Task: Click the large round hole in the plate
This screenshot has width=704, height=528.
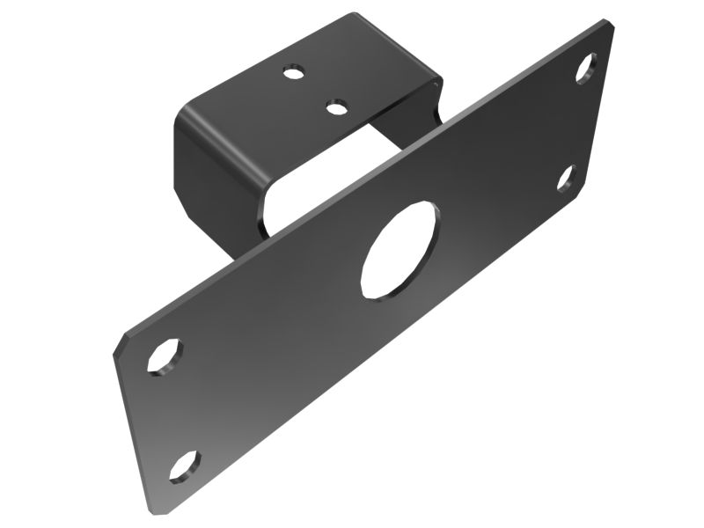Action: click(x=399, y=249)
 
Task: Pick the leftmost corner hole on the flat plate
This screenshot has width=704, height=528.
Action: click(x=165, y=357)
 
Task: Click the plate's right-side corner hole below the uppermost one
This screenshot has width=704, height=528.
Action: click(x=566, y=178)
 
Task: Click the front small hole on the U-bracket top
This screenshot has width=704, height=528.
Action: click(x=335, y=107)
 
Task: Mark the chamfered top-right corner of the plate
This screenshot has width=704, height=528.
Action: click(x=607, y=26)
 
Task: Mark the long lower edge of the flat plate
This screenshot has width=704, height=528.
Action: click(x=370, y=361)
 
